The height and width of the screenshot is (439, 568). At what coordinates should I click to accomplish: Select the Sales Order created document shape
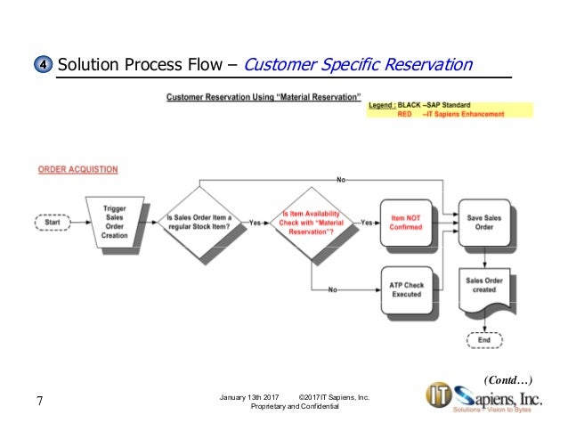(x=483, y=288)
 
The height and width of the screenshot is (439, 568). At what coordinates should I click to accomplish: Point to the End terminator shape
(x=483, y=340)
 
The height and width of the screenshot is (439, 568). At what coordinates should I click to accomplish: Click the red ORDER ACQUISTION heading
(x=77, y=169)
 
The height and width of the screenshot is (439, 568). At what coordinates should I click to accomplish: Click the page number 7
(x=39, y=402)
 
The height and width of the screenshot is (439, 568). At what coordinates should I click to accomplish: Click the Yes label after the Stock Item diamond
(x=256, y=222)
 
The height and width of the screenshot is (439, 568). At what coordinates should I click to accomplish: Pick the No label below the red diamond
(x=333, y=290)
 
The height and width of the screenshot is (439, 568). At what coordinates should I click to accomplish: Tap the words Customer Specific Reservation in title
(x=357, y=65)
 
